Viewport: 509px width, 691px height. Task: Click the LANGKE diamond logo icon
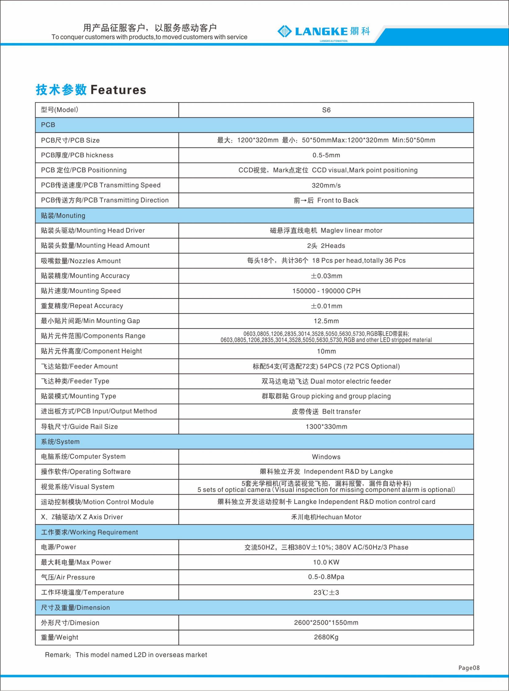tap(284, 31)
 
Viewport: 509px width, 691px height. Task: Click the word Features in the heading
tap(118, 90)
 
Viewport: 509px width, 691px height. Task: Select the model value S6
tap(326, 110)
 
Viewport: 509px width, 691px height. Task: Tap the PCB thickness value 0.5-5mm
tap(326, 155)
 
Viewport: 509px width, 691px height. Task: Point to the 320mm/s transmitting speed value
tap(326, 186)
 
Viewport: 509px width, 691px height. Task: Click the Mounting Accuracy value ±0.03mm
tap(326, 276)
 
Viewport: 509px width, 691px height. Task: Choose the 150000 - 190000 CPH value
tap(326, 291)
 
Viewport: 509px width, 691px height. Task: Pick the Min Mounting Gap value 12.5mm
tap(326, 321)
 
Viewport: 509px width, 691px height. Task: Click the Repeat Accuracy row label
tap(82, 306)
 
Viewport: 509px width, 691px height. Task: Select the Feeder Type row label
tap(75, 381)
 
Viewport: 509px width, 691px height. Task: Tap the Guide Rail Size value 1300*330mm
tap(326, 427)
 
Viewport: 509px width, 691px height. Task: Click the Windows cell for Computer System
tap(326, 457)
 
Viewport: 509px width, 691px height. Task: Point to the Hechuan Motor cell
tap(326, 517)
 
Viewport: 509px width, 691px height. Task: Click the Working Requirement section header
tap(89, 532)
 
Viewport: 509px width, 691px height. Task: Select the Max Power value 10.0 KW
tap(326, 562)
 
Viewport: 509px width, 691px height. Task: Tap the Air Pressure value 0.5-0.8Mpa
tap(326, 577)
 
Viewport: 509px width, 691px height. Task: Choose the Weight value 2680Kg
tap(326, 637)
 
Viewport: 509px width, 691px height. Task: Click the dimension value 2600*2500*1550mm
tap(326, 623)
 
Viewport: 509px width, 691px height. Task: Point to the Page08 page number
tap(469, 668)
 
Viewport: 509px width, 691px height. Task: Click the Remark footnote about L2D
tap(126, 655)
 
